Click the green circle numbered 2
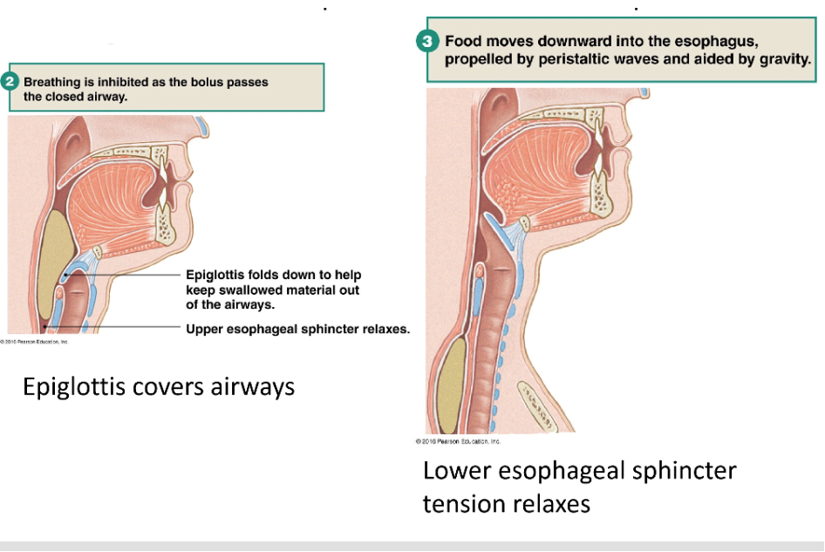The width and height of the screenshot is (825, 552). tap(10, 83)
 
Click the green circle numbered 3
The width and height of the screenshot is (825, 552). tap(427, 40)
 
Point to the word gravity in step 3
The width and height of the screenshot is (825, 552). tap(782, 60)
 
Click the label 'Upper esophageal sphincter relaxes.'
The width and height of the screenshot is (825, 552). tap(298, 329)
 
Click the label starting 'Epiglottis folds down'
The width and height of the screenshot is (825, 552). tap(273, 289)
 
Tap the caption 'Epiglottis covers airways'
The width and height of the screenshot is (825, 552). tap(158, 386)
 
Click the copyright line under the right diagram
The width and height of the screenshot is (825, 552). tap(459, 440)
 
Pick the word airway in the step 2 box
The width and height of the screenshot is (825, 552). tap(106, 97)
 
